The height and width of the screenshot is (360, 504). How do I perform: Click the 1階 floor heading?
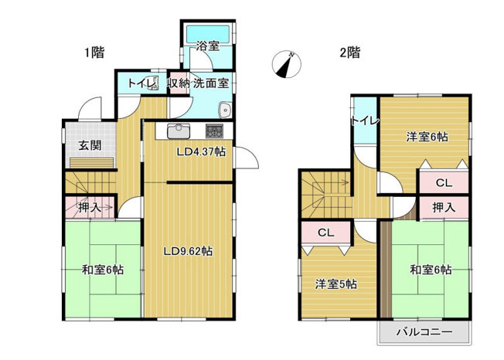tap(94, 53)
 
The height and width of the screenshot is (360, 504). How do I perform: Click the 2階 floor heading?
tap(349, 53)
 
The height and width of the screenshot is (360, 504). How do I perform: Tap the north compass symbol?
tap(287, 66)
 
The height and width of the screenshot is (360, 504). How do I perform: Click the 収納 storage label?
tap(179, 83)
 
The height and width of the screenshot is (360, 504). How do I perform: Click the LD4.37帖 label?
tap(201, 152)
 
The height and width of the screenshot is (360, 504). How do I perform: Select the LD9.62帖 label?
tap(189, 251)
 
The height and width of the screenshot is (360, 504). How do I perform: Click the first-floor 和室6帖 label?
tap(103, 270)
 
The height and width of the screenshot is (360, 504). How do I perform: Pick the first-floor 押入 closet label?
tap(89, 206)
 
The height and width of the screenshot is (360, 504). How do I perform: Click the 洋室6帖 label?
tap(427, 137)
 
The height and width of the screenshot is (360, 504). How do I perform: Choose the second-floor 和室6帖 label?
tap(431, 270)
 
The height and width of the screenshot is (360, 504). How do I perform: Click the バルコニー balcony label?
tap(424, 332)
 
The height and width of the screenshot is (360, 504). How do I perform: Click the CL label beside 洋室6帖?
tap(443, 183)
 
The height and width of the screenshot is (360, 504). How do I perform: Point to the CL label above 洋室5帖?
tap(325, 232)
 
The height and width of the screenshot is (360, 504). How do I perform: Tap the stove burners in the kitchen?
tap(214, 129)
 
